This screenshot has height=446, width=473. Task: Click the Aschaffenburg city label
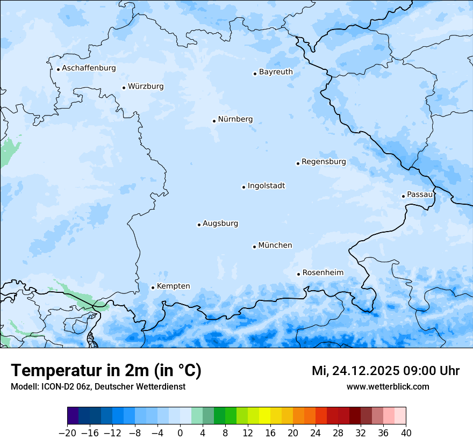pos(89,68)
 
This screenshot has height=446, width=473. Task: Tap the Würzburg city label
pos(146,87)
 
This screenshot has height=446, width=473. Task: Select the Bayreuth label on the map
pos(276,72)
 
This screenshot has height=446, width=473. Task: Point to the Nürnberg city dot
pos(214,121)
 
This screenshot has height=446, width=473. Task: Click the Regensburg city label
pos(324,162)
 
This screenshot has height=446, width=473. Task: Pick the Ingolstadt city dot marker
pos(243,188)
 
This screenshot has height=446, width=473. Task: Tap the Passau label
pos(419,195)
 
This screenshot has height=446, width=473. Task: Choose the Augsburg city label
pos(220,224)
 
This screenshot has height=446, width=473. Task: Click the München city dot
pos(254,247)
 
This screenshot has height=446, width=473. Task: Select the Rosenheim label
pos(322,273)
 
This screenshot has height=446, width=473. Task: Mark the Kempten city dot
pos(153,287)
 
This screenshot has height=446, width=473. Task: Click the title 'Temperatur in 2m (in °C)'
pos(106,371)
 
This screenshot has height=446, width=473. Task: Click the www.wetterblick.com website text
pos(388,386)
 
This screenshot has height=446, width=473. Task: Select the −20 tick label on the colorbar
pos(67,433)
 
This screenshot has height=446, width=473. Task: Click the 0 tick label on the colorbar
pos(180,433)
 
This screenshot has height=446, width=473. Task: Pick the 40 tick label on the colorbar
pos(406,433)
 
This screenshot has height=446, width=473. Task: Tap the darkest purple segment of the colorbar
pos(73,416)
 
